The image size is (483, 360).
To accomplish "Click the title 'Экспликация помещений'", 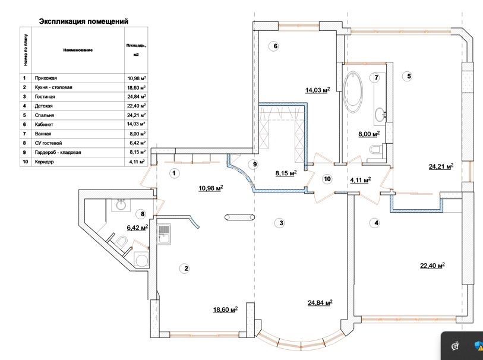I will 84,21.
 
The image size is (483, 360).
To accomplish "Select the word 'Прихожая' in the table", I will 46,78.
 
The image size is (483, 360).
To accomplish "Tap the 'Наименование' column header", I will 78,50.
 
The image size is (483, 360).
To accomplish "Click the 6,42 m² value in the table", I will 136,143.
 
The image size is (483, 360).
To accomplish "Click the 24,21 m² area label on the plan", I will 441,167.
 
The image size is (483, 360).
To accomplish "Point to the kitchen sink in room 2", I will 165,232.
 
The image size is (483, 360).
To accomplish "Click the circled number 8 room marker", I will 142,214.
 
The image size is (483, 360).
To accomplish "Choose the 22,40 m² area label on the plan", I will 433,266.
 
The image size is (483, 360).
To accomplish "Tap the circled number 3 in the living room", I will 280,223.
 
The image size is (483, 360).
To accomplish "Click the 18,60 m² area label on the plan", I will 225,310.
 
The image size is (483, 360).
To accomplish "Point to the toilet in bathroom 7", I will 375,152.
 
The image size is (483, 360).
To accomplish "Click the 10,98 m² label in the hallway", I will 210,188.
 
